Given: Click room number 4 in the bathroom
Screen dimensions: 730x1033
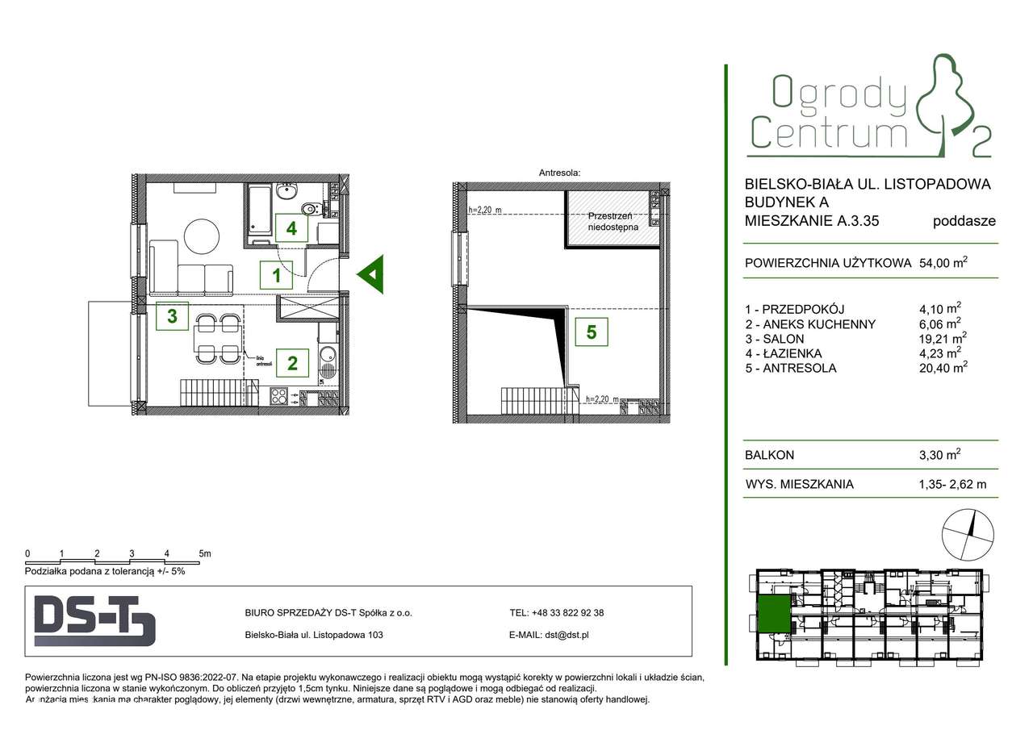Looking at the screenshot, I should pos(291,228).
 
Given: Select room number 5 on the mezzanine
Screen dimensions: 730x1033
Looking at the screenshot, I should pos(592,331).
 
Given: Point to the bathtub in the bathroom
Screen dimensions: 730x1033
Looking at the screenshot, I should pos(261,214).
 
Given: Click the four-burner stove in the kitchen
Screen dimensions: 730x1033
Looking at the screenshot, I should pos(279,396).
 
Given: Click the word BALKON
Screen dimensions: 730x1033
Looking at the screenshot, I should pos(770,455).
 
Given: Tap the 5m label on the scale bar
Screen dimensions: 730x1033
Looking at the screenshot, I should pos(205,553).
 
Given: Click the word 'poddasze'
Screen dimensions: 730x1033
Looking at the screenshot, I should pos(964,220).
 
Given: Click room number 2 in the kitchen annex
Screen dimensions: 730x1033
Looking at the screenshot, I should pos(291,362).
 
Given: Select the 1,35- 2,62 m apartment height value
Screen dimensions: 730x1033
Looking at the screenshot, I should pos(947,485).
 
